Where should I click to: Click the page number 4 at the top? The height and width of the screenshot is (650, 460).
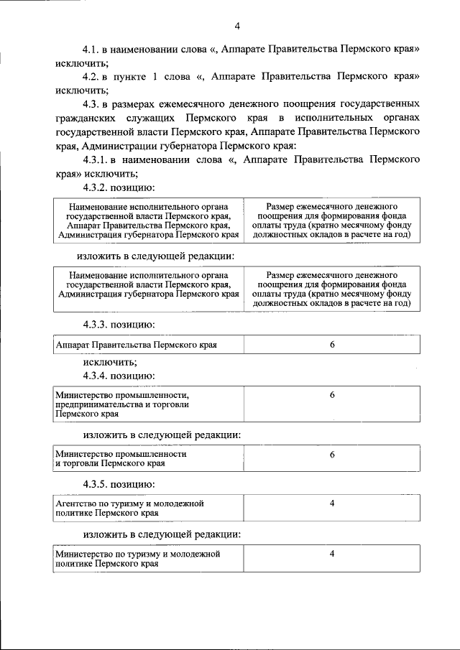pyautogui.click(x=236, y=27)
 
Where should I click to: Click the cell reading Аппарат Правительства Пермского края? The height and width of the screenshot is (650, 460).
pyautogui.click(x=137, y=345)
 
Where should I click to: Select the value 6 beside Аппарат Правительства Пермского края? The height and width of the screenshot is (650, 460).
pyautogui.click(x=332, y=345)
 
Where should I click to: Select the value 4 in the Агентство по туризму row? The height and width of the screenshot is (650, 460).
pyautogui.click(x=332, y=503)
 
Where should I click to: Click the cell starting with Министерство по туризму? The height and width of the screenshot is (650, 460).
pyautogui.click(x=137, y=560)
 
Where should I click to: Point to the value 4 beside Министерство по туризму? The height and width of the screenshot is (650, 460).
pyautogui.click(x=332, y=554)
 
